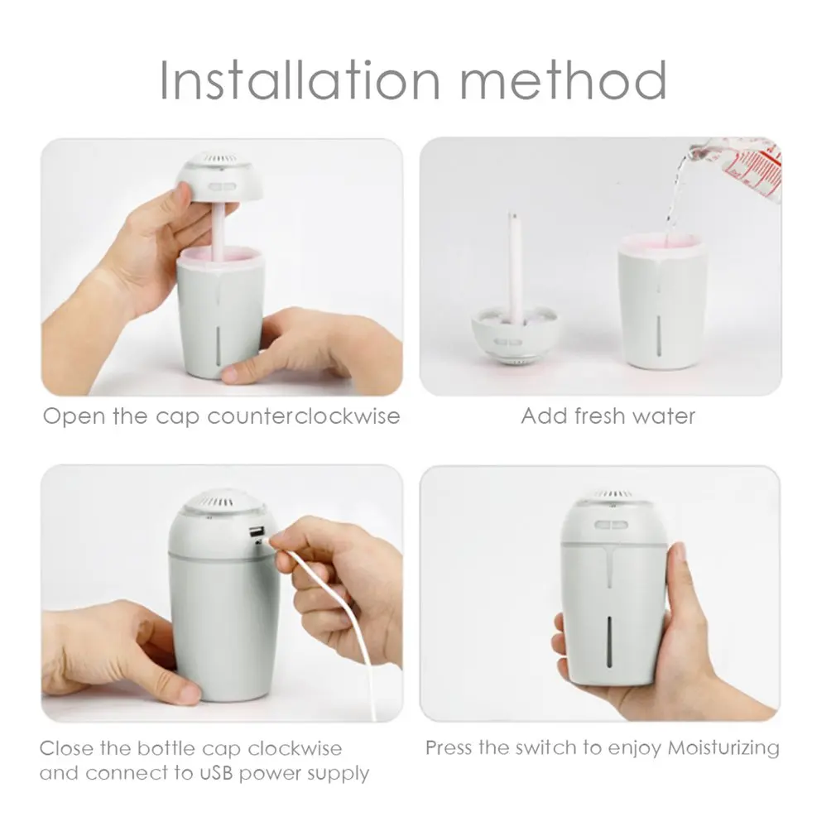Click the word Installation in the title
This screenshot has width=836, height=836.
pyautogui.click(x=300, y=80)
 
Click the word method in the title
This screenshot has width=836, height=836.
pyautogui.click(x=564, y=80)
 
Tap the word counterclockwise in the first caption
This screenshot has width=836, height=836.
pyautogui.click(x=304, y=416)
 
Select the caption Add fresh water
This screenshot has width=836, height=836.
pyautogui.click(x=608, y=416)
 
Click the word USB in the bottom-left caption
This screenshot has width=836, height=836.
pyautogui.click(x=217, y=773)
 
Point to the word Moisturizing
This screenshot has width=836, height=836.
pyautogui.click(x=723, y=748)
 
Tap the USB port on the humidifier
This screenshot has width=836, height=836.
pyautogui.click(x=257, y=532)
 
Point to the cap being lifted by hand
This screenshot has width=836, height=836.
pyautogui.click(x=220, y=176)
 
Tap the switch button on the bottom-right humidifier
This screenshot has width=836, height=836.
pyautogui.click(x=611, y=525)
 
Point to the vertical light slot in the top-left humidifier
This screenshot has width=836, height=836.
pyautogui.click(x=218, y=346)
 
